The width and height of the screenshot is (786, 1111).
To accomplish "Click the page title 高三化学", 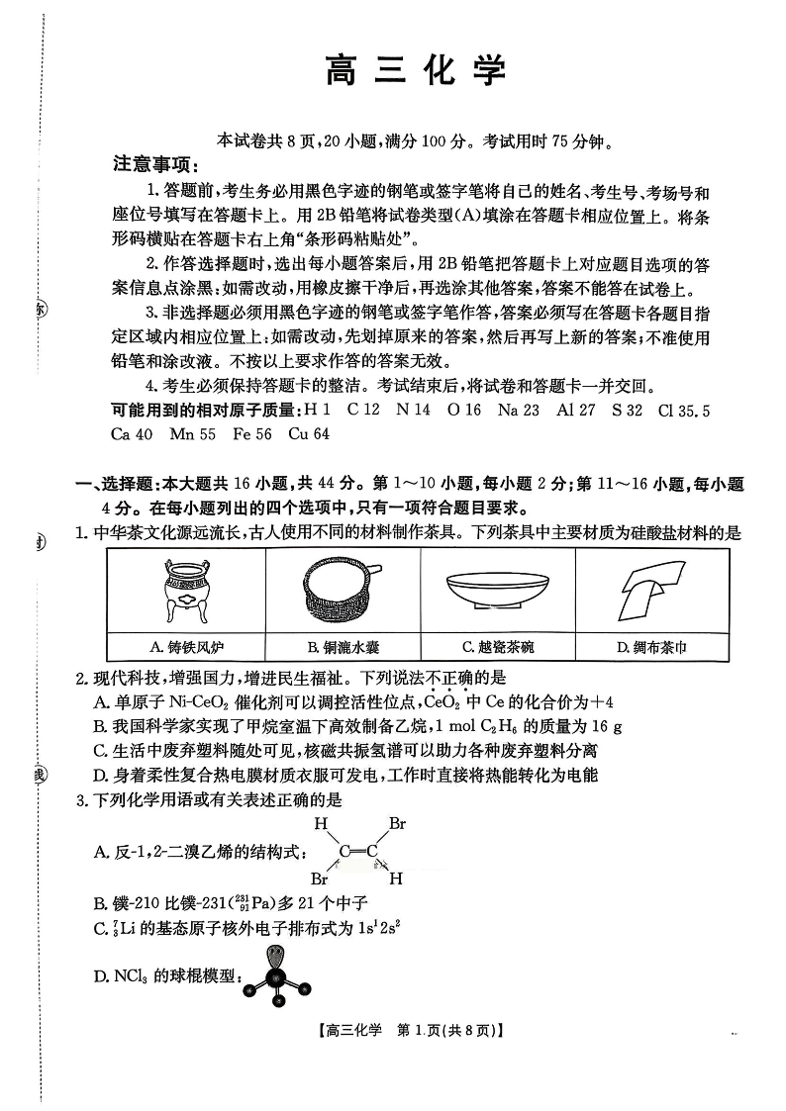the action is [416, 71].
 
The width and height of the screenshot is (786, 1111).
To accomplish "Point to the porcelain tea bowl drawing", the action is [498, 591].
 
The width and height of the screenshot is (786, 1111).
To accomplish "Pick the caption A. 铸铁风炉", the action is [187, 647].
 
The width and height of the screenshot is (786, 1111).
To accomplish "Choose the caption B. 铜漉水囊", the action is [344, 647].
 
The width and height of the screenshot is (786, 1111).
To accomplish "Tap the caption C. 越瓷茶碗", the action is [498, 647].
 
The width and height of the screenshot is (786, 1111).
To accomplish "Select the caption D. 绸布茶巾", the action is [651, 647].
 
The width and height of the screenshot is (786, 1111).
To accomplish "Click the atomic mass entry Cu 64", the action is [309, 433].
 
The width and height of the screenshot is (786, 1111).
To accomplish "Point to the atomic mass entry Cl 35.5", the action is [683, 411].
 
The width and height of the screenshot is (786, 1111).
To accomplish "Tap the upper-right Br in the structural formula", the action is [397, 823].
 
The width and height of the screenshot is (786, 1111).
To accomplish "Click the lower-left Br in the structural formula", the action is [319, 879].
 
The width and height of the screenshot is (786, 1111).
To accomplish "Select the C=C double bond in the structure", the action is [358, 851].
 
